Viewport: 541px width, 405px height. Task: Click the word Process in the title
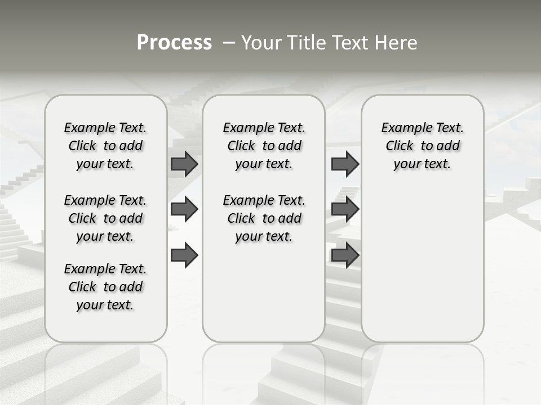[174, 43]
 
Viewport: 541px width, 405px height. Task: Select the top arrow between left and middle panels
[184, 164]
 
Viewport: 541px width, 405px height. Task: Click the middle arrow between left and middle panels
[184, 210]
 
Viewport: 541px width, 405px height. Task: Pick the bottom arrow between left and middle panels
[184, 255]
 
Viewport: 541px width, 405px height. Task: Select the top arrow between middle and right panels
[345, 164]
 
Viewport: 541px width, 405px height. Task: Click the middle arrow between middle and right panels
[345, 210]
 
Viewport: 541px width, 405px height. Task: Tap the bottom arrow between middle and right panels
[345, 255]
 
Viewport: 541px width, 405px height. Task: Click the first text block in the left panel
[105, 146]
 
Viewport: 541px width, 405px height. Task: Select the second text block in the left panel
[105, 218]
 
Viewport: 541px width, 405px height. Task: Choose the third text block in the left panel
[105, 287]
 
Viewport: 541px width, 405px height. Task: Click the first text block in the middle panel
[264, 146]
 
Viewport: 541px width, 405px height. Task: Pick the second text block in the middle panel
[264, 218]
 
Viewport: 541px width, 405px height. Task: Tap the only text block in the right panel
[422, 146]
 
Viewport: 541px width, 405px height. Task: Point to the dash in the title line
[229, 43]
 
